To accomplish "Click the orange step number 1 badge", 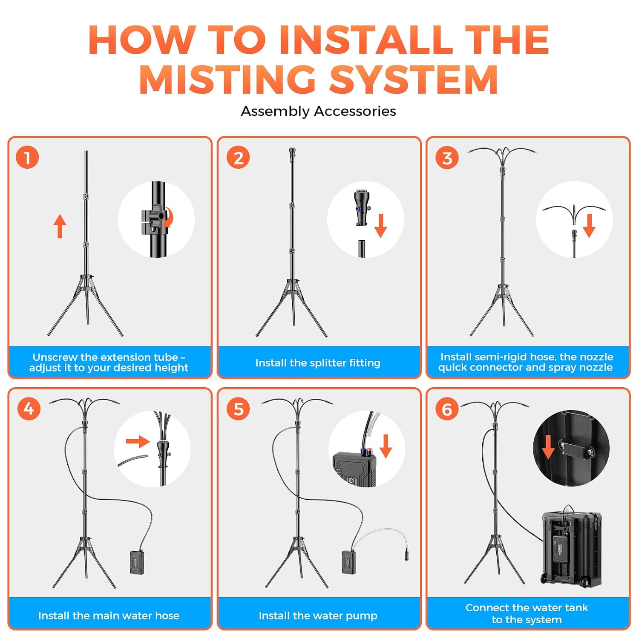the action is (x=27, y=157).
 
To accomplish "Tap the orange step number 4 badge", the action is (x=29, y=409).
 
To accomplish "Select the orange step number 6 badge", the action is (x=447, y=409).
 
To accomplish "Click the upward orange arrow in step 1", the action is (x=60, y=226).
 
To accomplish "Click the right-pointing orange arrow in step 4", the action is (x=138, y=441).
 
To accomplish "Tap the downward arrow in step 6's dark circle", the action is (x=548, y=446).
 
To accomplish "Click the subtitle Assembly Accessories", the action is (x=319, y=111).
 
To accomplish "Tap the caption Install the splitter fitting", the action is (x=318, y=363).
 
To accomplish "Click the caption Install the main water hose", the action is (x=109, y=616).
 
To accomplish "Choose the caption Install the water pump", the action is (x=318, y=616).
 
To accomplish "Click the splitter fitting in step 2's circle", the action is (x=361, y=208).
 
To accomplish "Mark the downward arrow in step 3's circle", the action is (x=589, y=225).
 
